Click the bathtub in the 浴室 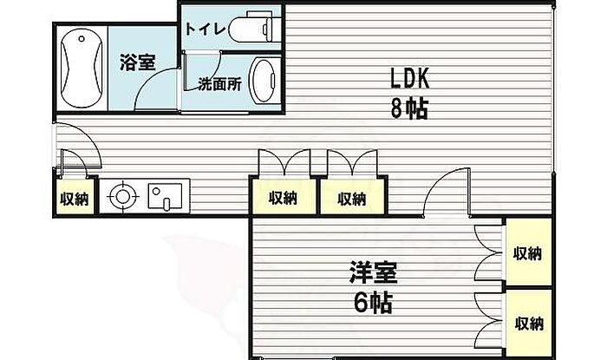tap(81, 68)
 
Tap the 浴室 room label tap(137, 63)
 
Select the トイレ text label tap(206, 29)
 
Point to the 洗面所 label tap(219, 85)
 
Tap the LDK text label tap(408, 80)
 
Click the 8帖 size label tap(410, 111)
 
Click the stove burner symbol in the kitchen tap(121, 196)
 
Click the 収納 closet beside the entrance tap(73, 198)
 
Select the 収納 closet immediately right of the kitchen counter tap(283, 198)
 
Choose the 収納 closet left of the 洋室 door tap(351, 198)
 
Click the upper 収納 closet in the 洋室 tap(527, 254)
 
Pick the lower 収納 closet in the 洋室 tap(527, 324)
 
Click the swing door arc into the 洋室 tap(450, 193)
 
